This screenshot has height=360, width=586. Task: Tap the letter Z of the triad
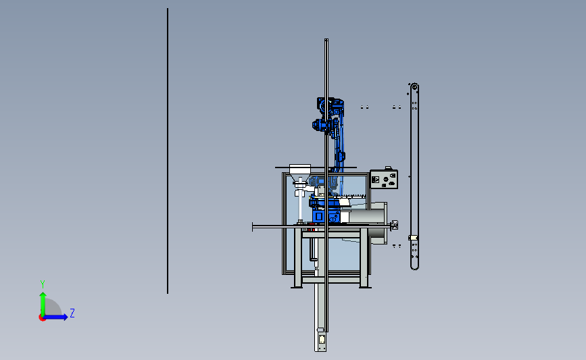point(72,313)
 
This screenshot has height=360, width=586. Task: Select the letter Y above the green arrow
point(43,284)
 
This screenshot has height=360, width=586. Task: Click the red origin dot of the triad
point(42,317)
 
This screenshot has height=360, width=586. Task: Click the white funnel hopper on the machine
point(299,174)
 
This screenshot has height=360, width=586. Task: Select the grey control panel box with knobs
point(384,179)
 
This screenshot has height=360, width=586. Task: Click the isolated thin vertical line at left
point(168,151)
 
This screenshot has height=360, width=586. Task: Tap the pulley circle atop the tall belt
point(414,87)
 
